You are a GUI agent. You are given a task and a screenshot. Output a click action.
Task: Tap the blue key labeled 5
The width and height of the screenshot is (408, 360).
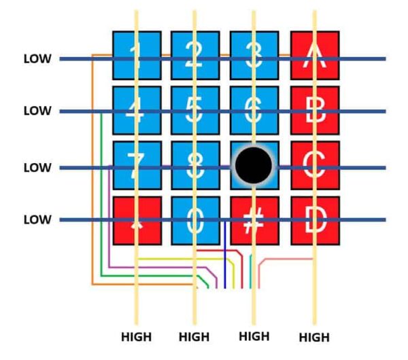coord(194,110)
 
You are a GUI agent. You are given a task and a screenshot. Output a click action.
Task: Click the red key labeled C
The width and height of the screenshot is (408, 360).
coord(315,165)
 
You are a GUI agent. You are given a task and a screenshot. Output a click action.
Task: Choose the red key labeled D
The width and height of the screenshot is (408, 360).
coord(315,221)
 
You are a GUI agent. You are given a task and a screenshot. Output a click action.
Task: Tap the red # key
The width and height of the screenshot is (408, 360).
coord(254,221)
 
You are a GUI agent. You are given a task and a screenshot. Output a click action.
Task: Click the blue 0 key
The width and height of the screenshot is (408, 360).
coord(194,221)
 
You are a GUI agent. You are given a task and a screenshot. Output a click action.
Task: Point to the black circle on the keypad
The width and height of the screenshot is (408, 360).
coord(254,165)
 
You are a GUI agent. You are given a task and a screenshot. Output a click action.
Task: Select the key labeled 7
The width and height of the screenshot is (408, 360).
coord(136,165)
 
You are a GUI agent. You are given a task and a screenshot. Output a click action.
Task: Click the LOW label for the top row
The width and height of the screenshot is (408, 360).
coord(37,59)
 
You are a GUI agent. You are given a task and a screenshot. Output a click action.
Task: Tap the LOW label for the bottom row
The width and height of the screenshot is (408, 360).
coord(37,220)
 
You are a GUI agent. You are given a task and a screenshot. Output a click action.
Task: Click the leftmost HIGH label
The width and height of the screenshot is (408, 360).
coord(136,336)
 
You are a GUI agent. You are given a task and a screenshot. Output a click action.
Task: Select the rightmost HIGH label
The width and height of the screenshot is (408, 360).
coord(314,337)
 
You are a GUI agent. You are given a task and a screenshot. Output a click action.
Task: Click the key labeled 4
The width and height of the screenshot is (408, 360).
coord(136,110)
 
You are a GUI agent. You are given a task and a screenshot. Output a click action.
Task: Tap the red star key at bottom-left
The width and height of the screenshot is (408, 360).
coord(136,221)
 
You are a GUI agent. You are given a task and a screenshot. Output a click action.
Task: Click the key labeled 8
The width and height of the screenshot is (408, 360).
coord(194,165)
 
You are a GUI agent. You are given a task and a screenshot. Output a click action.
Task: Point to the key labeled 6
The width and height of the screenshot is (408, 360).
coord(254,110)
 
